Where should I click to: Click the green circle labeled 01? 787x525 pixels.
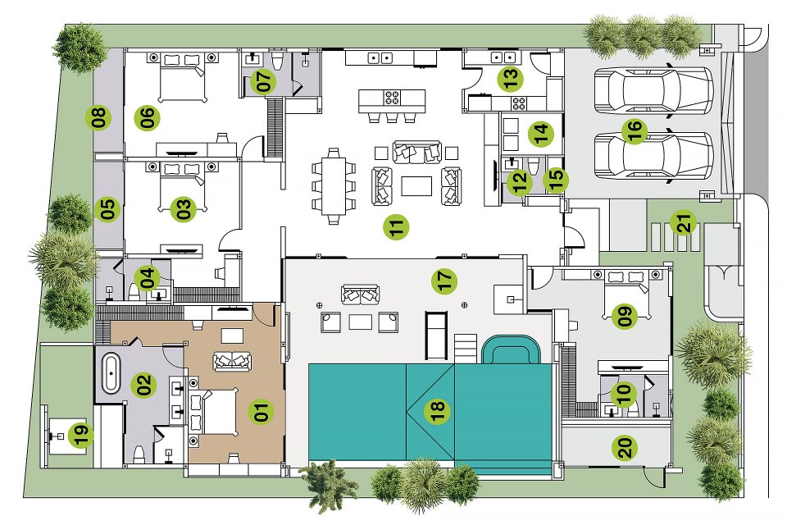tap(261, 411)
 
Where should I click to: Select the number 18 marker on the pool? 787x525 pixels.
tap(437, 412)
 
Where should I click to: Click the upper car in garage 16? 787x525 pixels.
tap(653, 90)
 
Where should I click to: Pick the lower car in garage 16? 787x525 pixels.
tap(653, 156)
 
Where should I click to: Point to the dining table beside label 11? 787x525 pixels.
tap(334, 186)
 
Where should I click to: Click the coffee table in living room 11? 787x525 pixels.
tap(416, 185)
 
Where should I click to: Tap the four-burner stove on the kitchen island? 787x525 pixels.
tap(392, 97)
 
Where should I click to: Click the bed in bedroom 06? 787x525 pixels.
tap(182, 77)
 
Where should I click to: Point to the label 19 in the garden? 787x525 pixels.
tap(81, 435)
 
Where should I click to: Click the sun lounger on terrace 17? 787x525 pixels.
tap(435, 335)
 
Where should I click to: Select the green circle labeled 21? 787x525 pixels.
tap(685, 222)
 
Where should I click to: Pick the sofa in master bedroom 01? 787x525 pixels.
tap(232, 361)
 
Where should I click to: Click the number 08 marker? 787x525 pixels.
tap(98, 117)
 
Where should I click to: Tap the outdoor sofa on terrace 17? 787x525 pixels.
tap(360, 294)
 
